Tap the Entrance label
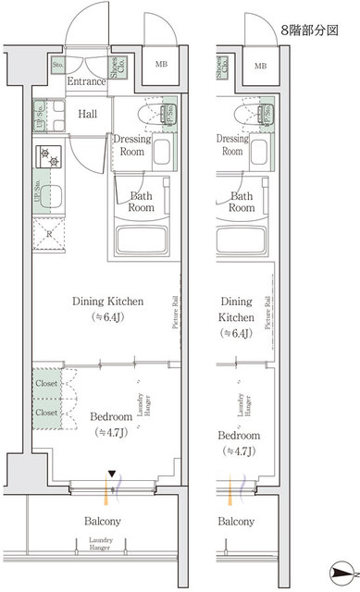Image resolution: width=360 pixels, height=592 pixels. coord(88,82)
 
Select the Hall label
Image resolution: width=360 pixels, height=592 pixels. coord(89,114)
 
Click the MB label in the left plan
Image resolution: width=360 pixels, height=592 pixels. coord(160,65)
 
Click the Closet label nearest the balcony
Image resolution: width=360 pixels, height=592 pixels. coord(47,412)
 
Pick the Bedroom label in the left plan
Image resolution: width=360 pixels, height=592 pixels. coord(109,417)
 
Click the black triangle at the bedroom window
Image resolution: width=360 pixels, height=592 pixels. coord(113,475)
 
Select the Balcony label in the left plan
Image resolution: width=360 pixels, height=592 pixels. coord(104,522)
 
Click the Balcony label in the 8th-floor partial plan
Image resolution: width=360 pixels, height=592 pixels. coord(236,522)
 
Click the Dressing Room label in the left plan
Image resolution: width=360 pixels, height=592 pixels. coord(131,144)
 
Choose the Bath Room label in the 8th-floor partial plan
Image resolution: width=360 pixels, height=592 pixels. coord(242,202)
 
